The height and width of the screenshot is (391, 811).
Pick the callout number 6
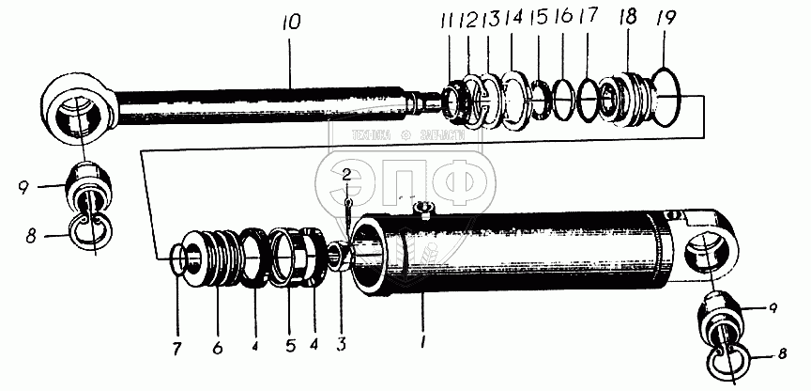click(x=217, y=346)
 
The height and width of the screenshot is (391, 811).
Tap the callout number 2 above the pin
click(x=346, y=174)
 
